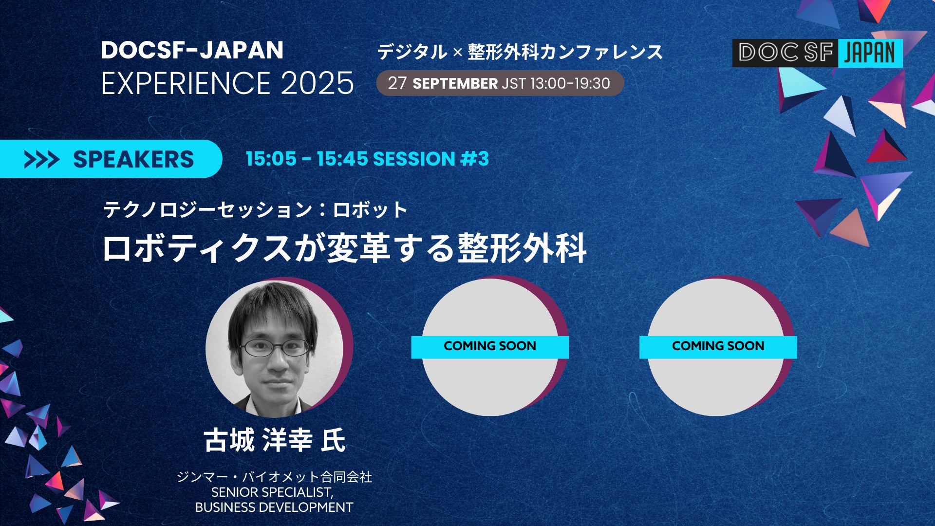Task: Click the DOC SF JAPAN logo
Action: pyautogui.click(x=817, y=53)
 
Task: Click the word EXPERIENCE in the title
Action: pyautogui.click(x=186, y=83)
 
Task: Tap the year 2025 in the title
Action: pyautogui.click(x=317, y=83)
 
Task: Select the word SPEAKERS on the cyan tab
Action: pyautogui.click(x=133, y=159)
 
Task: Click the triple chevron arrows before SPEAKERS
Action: pyautogui.click(x=41, y=159)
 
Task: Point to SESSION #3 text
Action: pyautogui.click(x=431, y=159)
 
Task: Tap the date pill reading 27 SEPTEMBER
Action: pyautogui.click(x=500, y=83)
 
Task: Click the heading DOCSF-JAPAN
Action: pyautogui.click(x=192, y=50)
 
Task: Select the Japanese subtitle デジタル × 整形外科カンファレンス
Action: pyautogui.click(x=520, y=52)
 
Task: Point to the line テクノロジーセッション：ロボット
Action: pyautogui.click(x=255, y=210)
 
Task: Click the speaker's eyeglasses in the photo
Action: pyautogui.click(x=275, y=347)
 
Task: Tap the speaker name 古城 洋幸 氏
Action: pyautogui.click(x=275, y=440)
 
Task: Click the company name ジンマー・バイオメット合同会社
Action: pyautogui.click(x=274, y=476)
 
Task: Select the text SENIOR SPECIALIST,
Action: pyautogui.click(x=273, y=492)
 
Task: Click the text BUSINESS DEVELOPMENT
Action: pyautogui.click(x=274, y=507)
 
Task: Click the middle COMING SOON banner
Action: pyautogui.click(x=490, y=347)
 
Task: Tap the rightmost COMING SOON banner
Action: pyautogui.click(x=718, y=347)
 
